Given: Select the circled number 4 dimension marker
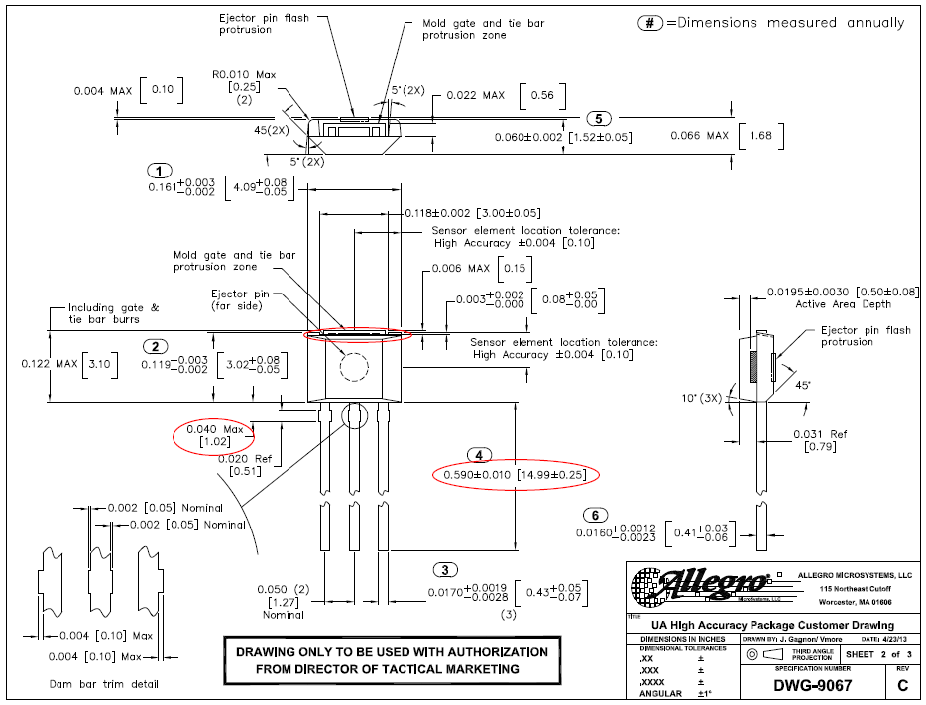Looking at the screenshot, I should pyautogui.click(x=479, y=455).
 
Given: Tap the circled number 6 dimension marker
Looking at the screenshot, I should pyautogui.click(x=594, y=515).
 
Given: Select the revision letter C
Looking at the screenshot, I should pyautogui.click(x=901, y=685).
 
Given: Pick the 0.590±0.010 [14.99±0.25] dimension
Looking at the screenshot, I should pyautogui.click(x=516, y=475).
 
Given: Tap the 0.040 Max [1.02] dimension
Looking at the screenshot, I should pyautogui.click(x=215, y=434).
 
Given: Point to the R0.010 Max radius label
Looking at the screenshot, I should pyautogui.click(x=244, y=73).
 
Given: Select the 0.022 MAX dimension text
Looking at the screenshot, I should pyautogui.click(x=475, y=95).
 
